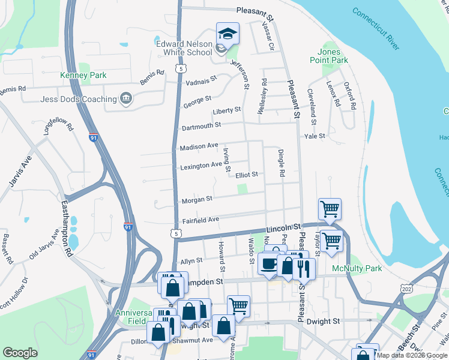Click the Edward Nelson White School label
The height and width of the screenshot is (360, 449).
point(184,48)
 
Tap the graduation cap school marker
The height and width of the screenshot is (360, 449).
point(228,34)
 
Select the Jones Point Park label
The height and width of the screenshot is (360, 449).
point(329,56)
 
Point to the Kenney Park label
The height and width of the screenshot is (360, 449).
point(83,75)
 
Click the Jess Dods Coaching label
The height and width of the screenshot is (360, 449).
point(79,99)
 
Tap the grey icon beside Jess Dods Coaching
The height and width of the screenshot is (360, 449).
point(125,98)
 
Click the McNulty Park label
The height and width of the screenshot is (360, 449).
point(358,268)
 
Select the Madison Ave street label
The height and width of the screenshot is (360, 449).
point(199,146)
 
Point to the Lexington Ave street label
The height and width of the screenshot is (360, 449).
point(200,166)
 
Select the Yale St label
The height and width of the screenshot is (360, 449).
point(315,136)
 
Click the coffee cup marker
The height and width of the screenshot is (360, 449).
point(268,263)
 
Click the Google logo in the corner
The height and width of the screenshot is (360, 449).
point(20,353)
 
